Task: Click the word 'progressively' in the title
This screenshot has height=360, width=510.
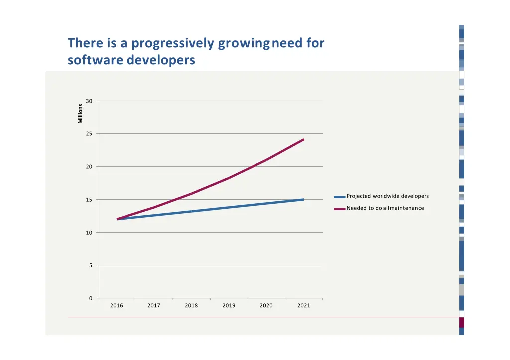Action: point(173,44)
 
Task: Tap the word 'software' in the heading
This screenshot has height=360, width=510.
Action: point(95,61)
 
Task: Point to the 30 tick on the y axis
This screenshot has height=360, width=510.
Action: point(89,101)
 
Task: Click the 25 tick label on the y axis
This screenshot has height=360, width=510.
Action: point(89,134)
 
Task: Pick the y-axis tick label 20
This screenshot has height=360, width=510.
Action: point(89,167)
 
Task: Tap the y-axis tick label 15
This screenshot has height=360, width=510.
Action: point(89,200)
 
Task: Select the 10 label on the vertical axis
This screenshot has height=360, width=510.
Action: point(89,233)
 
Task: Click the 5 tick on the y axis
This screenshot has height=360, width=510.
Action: point(90,265)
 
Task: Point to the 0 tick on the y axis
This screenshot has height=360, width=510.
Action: point(90,298)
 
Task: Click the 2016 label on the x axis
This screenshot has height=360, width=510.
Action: point(116,306)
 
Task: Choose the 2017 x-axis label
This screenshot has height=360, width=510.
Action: point(154,306)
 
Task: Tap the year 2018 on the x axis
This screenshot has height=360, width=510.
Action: point(191,306)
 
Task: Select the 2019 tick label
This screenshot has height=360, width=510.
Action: point(229,306)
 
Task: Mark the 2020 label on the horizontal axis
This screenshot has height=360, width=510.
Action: point(266,306)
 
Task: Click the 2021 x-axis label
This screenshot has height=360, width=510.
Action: point(304,306)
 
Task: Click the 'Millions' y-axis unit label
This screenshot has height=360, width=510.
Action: point(80,114)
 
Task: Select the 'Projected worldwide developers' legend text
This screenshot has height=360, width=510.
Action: point(387,196)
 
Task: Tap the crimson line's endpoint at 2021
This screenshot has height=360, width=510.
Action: point(303,140)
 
